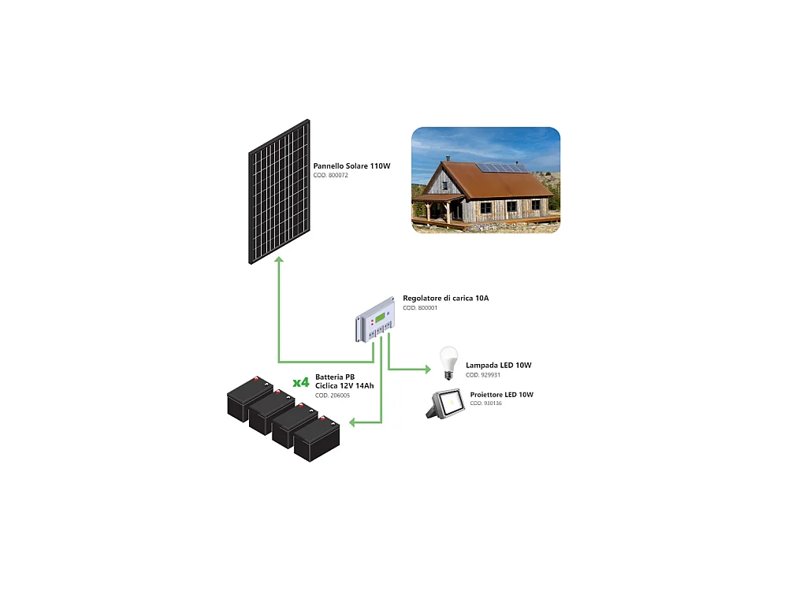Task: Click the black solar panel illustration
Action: point(279,191)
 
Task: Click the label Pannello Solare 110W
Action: point(351,166)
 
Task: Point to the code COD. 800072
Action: point(331,175)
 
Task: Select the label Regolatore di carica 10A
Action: point(445,299)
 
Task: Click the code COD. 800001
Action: point(420,308)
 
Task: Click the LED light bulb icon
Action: point(448,363)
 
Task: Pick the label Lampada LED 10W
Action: point(499,366)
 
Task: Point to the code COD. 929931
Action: point(483,375)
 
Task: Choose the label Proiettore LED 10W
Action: point(501,394)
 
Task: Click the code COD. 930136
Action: point(486,403)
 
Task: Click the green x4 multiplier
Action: point(300,382)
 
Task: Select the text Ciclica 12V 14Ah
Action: point(344,385)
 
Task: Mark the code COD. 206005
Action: point(333,395)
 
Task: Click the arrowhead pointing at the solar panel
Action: point(278,261)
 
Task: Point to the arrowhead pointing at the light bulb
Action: point(428,368)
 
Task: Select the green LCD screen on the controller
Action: point(382,317)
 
